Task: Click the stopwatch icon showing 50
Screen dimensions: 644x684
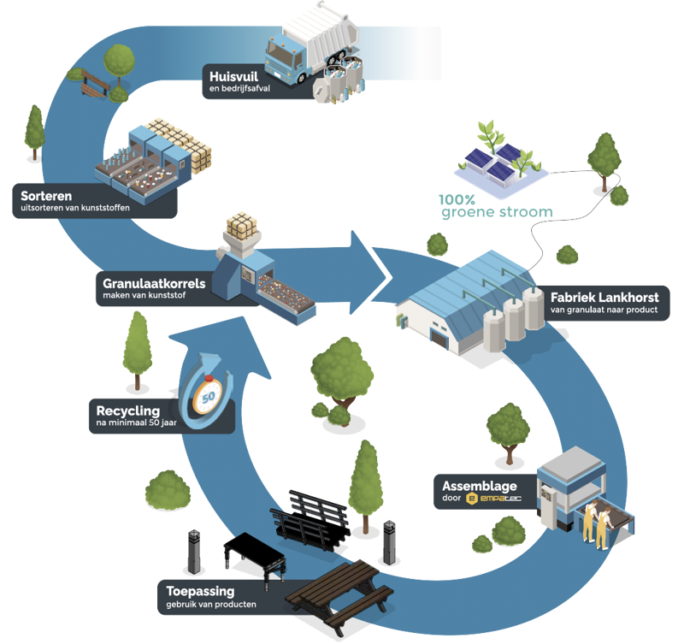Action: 209,395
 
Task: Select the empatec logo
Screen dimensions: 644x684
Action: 492,499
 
